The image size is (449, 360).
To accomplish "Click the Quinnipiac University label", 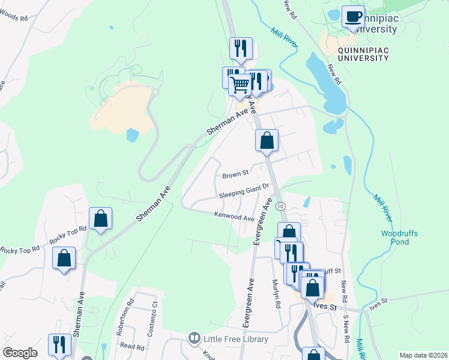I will click(363, 58).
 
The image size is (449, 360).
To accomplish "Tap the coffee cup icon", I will click(353, 16).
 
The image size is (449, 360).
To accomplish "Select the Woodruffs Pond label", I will click(395, 238).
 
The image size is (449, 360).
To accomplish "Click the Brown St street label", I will click(235, 175).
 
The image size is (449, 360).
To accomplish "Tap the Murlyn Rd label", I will click(277, 294).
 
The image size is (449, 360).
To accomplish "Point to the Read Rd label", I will click(131, 346).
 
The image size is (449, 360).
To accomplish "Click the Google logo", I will click(20, 353).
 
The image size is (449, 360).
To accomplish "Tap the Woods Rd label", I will click(14, 18).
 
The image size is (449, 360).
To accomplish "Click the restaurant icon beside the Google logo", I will click(59, 344).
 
